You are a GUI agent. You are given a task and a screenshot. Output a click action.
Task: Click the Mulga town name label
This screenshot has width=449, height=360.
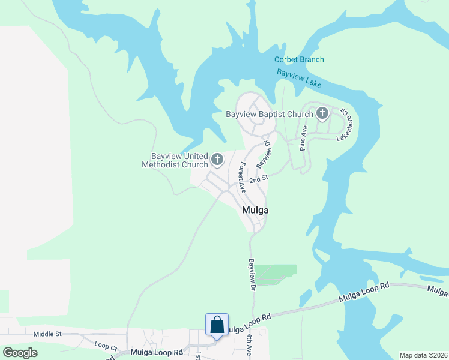(x=255, y=211)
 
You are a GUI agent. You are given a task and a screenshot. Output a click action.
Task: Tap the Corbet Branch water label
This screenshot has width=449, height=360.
(x=299, y=59)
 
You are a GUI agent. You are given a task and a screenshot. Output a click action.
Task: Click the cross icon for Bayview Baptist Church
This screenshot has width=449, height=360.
(x=322, y=113)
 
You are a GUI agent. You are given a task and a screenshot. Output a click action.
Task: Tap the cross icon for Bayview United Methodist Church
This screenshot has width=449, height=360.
(x=217, y=160)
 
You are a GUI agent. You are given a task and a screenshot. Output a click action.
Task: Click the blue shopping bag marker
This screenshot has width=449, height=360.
(x=217, y=325)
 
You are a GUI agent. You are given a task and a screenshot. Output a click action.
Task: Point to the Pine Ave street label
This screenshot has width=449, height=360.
(x=304, y=139)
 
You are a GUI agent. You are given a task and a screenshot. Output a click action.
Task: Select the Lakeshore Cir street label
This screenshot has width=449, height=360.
(x=345, y=124)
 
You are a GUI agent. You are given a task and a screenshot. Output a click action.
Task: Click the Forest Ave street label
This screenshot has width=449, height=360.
(x=243, y=177)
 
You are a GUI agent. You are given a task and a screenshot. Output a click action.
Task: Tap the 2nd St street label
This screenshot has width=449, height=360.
(x=258, y=178)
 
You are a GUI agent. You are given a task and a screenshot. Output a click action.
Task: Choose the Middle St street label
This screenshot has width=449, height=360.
(x=47, y=334)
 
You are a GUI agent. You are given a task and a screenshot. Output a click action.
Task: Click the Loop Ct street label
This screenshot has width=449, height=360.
(x=106, y=345)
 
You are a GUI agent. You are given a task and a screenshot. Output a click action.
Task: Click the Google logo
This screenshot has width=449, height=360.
(x=20, y=353)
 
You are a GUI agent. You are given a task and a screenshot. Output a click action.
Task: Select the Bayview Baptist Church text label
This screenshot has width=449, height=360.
(x=270, y=114)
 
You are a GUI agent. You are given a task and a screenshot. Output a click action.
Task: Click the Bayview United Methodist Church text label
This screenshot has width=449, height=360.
(x=175, y=160)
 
